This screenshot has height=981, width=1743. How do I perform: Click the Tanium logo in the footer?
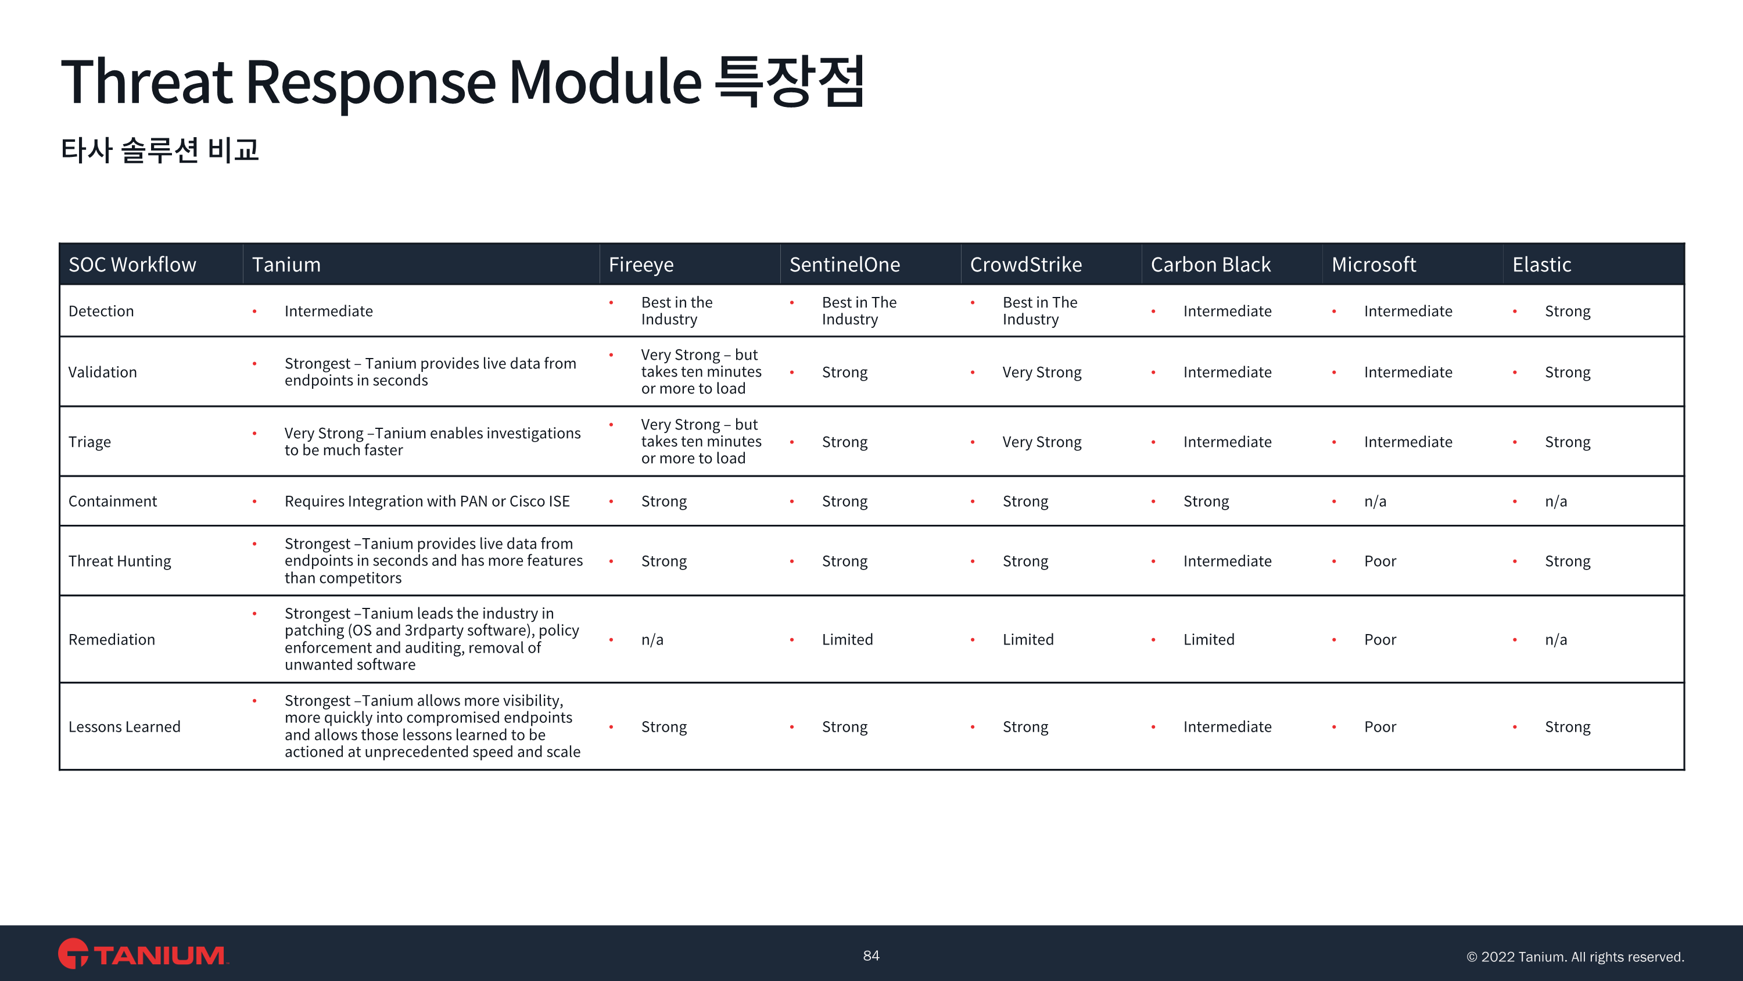[143, 955]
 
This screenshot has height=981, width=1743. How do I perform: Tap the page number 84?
[871, 955]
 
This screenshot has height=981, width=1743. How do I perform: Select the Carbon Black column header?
[1210, 264]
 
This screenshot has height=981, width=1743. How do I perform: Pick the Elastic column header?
[1541, 264]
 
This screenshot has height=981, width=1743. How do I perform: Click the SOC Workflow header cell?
[132, 264]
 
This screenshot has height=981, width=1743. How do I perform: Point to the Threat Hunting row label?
[120, 561]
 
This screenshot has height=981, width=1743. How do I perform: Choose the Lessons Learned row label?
[124, 726]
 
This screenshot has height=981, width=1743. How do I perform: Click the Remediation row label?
[112, 640]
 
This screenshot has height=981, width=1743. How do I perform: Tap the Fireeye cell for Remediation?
[652, 640]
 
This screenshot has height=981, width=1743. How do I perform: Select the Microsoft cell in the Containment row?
[1375, 502]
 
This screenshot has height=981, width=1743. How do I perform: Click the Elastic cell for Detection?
[1567, 312]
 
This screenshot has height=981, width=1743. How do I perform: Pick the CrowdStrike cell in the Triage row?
[1041, 442]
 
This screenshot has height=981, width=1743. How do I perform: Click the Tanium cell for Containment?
[426, 502]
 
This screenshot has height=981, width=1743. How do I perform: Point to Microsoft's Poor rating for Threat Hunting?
[1380, 561]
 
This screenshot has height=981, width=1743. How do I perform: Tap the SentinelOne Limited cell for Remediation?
[847, 640]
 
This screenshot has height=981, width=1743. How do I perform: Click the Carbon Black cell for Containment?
[1206, 502]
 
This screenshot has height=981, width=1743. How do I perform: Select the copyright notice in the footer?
[1575, 957]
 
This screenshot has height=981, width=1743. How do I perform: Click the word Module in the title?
[605, 83]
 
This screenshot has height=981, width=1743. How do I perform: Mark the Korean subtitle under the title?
[160, 149]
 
